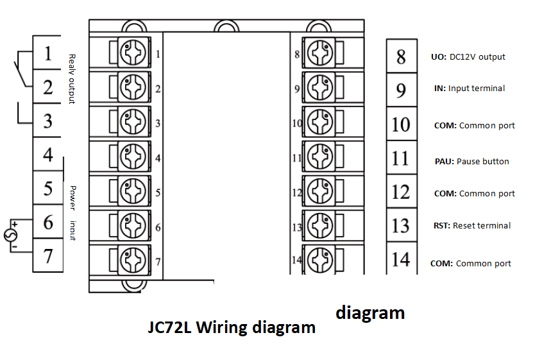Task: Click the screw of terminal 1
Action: coord(133,52)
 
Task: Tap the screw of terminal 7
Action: coord(133,261)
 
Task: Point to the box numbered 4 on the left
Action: coord(47,155)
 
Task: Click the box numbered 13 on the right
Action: coord(401,226)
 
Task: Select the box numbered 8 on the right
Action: coord(401,56)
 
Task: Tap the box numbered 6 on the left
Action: coord(47,223)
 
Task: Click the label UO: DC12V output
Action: coord(468,56)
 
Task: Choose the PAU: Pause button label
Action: coord(471,161)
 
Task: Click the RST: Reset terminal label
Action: coord(472,225)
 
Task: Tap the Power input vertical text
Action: coord(73,212)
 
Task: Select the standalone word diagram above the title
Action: coord(370,313)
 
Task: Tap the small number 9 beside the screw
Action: coord(297,89)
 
